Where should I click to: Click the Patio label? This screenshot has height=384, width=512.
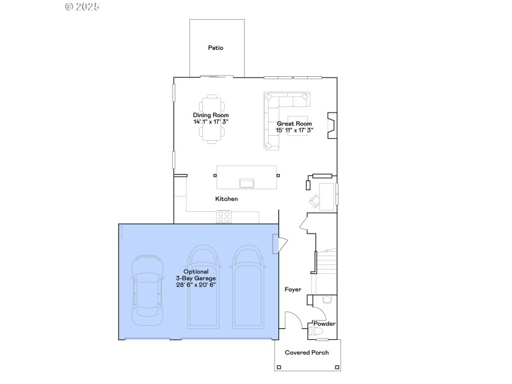point(216,48)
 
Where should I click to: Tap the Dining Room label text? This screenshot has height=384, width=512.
point(211,115)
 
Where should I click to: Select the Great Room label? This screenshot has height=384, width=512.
point(294,124)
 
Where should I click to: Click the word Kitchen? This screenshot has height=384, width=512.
point(227,199)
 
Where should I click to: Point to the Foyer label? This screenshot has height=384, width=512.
point(293,290)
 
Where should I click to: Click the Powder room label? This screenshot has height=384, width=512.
point(324,324)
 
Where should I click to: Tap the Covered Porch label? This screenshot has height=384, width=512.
point(307,353)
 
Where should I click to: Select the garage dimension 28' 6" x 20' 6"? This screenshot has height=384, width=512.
point(196,285)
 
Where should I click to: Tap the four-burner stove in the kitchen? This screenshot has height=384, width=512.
point(224,217)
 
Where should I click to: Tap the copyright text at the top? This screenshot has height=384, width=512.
point(83,6)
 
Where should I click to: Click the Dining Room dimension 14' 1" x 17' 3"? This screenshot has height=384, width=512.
point(211,122)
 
